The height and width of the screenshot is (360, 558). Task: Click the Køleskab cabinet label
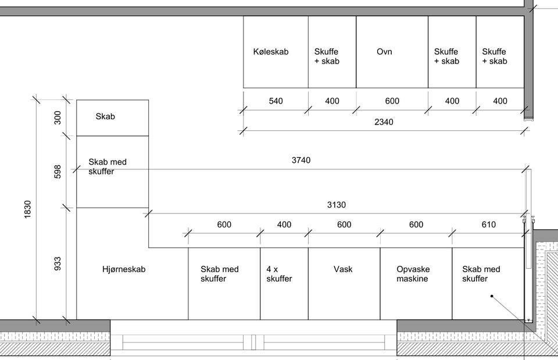[x=271, y=52]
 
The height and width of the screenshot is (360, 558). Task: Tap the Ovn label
[x=384, y=52]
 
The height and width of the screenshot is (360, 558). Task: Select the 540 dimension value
[x=276, y=101]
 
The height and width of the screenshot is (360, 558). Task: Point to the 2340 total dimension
[x=384, y=122]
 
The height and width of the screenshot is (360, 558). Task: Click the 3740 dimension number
[x=301, y=161]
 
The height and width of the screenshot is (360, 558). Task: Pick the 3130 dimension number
[x=337, y=205]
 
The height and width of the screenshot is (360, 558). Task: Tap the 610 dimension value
[x=489, y=224]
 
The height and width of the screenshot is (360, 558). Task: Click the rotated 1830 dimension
[x=27, y=209]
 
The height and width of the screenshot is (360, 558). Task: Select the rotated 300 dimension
[x=58, y=118]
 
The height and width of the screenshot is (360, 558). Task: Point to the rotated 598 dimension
[x=58, y=172]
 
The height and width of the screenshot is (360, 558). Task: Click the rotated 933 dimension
[x=58, y=264]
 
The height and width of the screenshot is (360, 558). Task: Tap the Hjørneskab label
[x=124, y=269]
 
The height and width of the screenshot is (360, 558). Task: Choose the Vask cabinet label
[x=343, y=269]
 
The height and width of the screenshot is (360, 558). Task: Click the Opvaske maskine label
[x=413, y=274]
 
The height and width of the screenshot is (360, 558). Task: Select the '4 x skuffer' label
[x=280, y=274]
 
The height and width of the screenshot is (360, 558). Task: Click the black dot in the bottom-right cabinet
[x=492, y=296]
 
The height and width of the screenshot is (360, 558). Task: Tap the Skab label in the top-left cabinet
[x=105, y=116]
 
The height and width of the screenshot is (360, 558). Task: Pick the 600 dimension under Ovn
[x=392, y=101]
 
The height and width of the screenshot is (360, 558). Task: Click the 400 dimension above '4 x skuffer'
[x=284, y=224]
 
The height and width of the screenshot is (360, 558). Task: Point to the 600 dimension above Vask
[x=344, y=224]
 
